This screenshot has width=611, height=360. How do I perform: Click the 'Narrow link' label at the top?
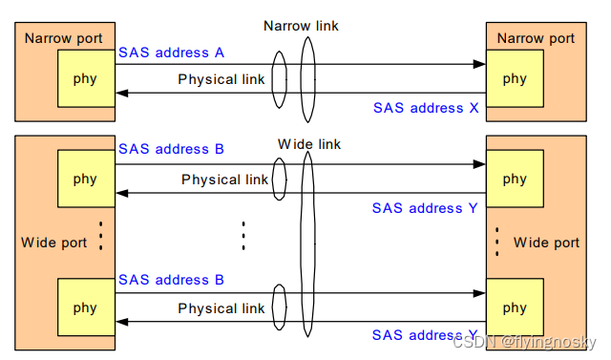301,25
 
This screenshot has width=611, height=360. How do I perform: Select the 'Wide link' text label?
309,144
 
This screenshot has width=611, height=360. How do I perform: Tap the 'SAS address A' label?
171,53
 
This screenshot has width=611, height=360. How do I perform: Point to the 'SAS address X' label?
426,108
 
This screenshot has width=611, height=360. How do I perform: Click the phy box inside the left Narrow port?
85,77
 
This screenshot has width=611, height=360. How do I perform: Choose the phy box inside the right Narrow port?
515,77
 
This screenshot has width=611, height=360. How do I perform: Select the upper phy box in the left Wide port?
85,179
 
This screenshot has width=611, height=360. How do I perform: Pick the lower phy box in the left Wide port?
85,307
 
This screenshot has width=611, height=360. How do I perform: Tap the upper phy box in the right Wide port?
515,179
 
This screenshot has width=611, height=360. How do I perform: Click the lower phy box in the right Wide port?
515,307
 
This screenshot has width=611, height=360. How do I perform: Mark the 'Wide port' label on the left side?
54,243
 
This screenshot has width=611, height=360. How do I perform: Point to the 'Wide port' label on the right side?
546,243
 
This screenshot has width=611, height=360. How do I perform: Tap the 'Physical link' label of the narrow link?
221,79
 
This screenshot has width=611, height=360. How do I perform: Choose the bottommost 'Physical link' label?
221,308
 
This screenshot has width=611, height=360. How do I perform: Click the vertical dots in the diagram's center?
243,235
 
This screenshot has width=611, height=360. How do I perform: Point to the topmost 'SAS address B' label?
171,149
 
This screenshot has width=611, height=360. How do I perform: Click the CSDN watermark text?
525,342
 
